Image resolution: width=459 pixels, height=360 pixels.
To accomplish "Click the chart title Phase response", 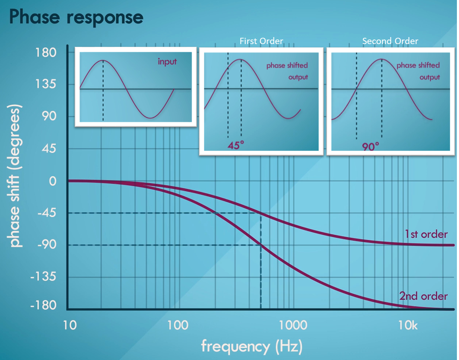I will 76,17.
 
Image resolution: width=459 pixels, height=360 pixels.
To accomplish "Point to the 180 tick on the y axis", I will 46,53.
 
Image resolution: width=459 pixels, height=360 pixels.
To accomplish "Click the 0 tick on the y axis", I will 52,181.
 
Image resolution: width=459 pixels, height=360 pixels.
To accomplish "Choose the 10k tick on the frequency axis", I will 408,325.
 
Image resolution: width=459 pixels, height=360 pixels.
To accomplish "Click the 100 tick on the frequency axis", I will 178,325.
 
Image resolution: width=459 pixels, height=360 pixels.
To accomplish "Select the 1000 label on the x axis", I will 293,325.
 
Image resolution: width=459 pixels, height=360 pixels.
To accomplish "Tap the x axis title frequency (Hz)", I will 252,346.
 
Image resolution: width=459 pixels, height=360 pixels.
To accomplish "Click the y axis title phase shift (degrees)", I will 15,176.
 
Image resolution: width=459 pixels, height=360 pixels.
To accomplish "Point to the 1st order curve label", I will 426,234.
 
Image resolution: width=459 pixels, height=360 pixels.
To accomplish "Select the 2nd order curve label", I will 423,296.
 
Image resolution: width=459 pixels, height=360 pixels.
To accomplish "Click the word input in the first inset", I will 167,62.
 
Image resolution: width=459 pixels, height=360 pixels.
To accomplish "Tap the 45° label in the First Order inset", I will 236,145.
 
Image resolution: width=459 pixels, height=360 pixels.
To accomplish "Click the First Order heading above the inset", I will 261,41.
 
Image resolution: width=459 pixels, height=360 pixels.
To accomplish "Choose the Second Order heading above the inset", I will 390,41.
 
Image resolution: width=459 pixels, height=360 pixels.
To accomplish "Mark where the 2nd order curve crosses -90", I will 261,245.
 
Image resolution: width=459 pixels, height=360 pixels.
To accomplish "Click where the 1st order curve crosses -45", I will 261,213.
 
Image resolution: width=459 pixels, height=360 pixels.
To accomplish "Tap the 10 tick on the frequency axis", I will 70,325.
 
